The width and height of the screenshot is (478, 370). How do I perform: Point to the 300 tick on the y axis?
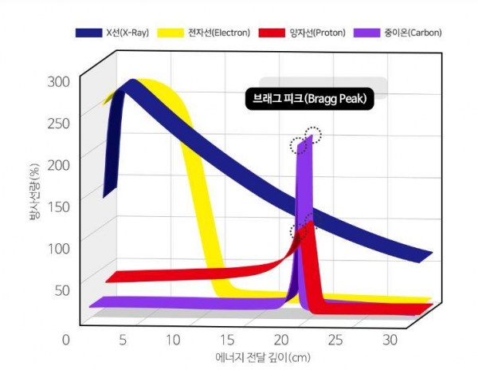coord(58,81)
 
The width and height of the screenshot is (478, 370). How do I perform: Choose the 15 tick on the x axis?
coord(229,340)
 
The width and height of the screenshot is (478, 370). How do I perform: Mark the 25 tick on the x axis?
coord(335,340)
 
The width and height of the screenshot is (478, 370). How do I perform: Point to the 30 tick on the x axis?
coord(390,340)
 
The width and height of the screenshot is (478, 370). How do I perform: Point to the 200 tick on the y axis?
coord(58,164)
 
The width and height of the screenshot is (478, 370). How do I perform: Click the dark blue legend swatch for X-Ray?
coord(88,33)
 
